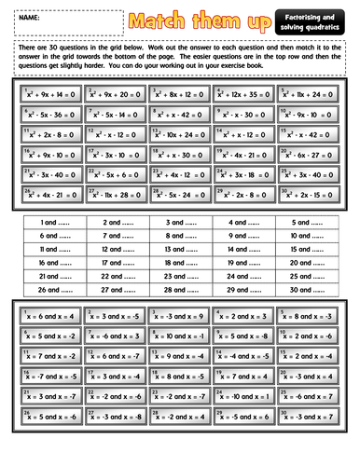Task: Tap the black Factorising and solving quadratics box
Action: coord(312,20)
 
